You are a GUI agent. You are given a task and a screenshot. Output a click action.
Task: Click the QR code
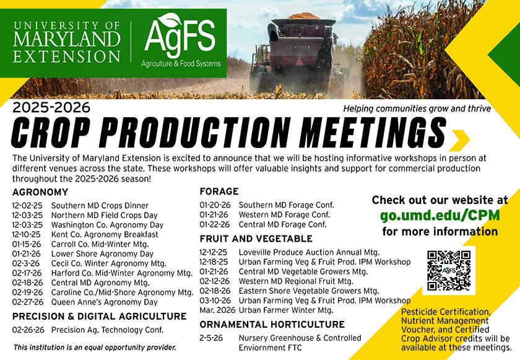click(x=449, y=270)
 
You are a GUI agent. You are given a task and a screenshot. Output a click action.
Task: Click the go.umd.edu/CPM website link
click(x=440, y=216)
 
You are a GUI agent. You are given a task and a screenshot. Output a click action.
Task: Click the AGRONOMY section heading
click(x=40, y=191)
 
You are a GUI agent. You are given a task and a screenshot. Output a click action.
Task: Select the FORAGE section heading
click(x=219, y=191)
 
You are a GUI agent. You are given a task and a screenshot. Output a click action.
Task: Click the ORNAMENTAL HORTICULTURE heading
click(x=272, y=324)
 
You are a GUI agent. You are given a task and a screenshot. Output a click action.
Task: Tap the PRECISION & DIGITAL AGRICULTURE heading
click(x=99, y=316)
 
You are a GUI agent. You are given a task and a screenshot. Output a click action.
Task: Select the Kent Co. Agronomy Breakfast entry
click(x=105, y=234)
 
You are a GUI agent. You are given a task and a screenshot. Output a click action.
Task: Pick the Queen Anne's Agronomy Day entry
click(x=104, y=302)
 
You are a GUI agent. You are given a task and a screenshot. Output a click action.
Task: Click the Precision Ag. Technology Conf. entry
click(x=107, y=330)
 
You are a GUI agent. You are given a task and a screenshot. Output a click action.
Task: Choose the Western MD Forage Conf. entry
click(x=284, y=214)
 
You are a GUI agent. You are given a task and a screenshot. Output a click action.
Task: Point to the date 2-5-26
click(x=211, y=338)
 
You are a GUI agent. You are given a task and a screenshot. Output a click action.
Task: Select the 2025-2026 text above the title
click(x=51, y=108)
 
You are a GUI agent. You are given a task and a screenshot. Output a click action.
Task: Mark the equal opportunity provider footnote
click(x=95, y=347)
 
